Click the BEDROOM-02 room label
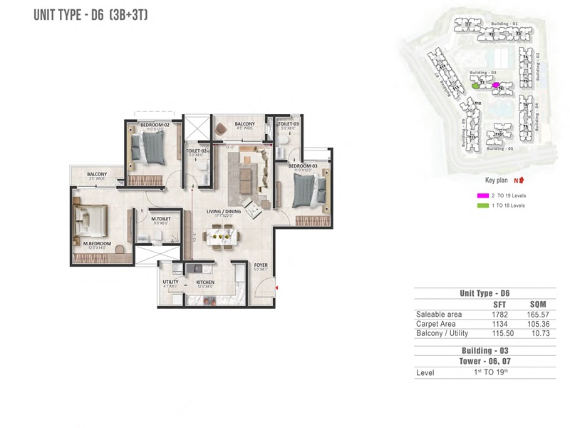154,126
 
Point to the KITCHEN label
205,282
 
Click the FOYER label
261,265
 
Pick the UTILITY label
170,282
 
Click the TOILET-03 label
288,124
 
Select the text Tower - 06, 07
484,362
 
